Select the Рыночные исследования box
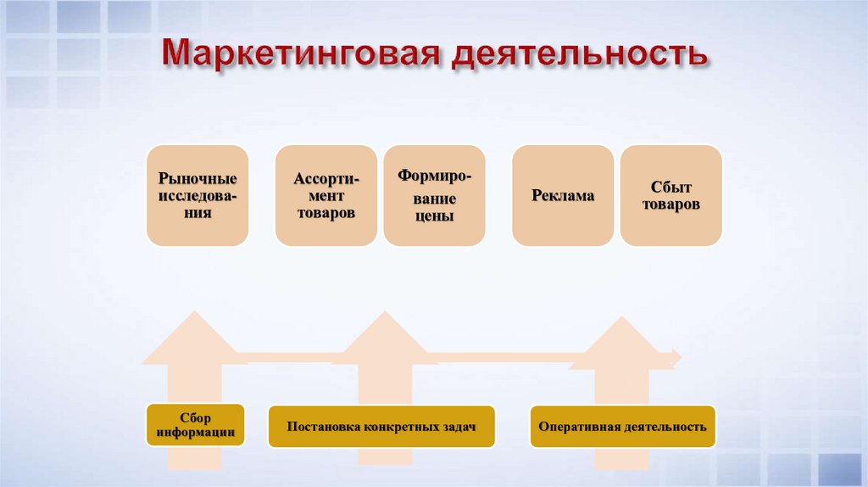pos(198,196)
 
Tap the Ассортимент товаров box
pos(326,196)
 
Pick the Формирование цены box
pos(435,196)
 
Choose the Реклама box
pos(563,196)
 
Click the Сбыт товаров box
pos(671,196)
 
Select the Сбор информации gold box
pos(196,426)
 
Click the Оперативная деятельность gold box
pos(622,426)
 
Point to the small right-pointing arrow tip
pos(676,356)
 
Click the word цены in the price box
pos(436,216)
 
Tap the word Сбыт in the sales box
pos(671,187)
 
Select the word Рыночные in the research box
pos(198,179)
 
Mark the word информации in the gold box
pos(196,434)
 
